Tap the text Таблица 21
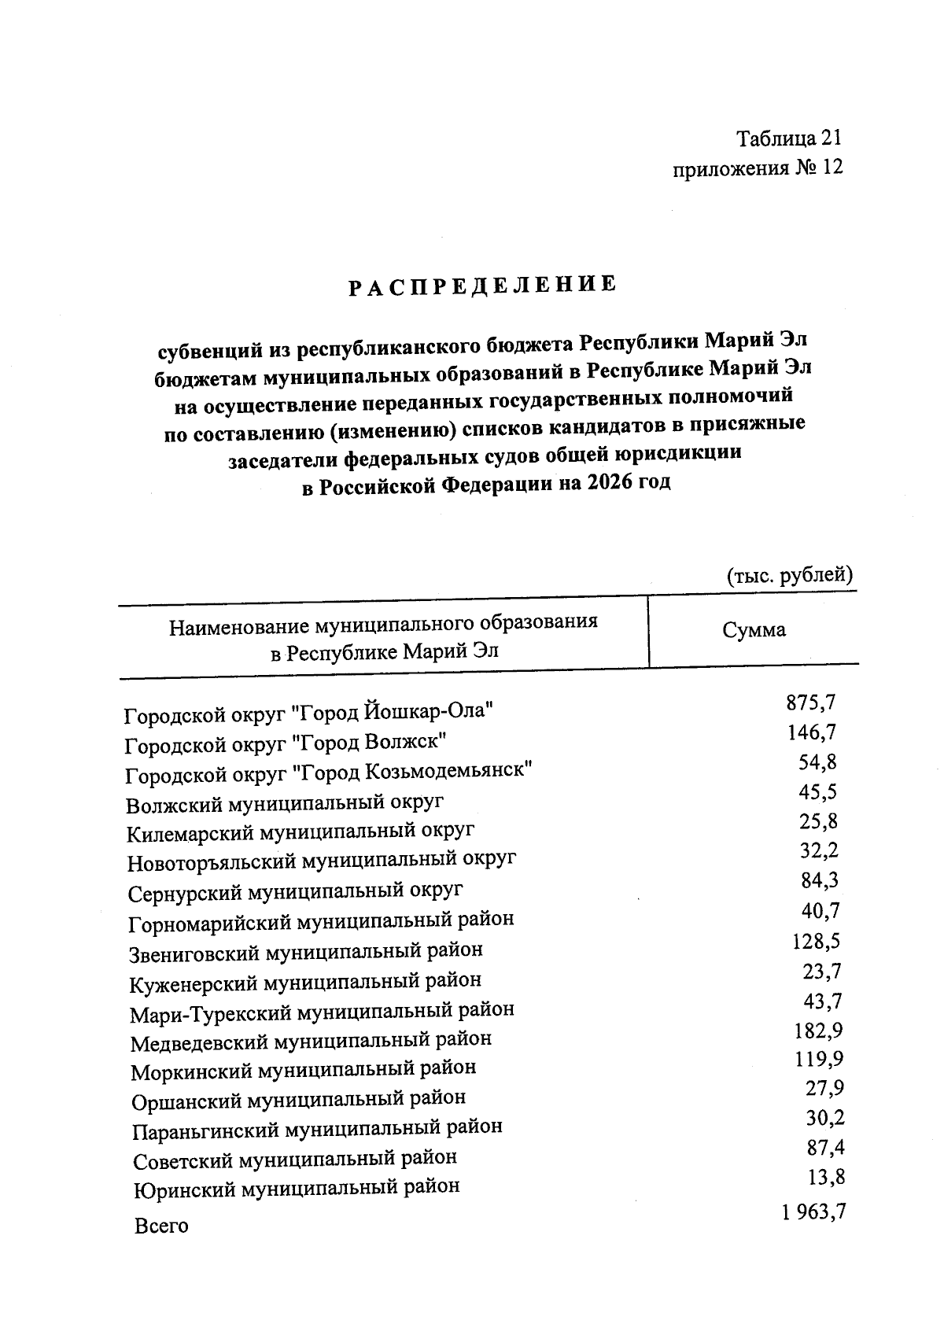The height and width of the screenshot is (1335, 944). (788, 138)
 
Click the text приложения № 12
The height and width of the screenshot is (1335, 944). (758, 168)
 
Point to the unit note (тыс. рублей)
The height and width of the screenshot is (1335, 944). (789, 575)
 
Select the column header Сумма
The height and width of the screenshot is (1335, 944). (754, 629)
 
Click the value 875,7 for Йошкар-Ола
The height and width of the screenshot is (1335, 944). (811, 703)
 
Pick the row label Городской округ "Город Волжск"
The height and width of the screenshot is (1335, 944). (286, 742)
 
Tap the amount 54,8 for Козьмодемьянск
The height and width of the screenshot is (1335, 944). (817, 762)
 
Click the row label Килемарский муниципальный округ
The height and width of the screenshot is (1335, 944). (301, 832)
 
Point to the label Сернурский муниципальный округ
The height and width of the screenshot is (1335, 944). (295, 891)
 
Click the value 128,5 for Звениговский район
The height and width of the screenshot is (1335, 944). (817, 941)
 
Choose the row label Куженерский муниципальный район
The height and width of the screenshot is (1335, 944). (305, 981)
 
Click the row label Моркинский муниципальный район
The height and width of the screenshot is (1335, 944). (303, 1069)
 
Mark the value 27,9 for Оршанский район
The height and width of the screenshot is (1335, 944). (824, 1089)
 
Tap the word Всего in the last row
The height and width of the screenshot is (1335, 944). (161, 1226)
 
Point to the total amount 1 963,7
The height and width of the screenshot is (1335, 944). (813, 1212)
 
